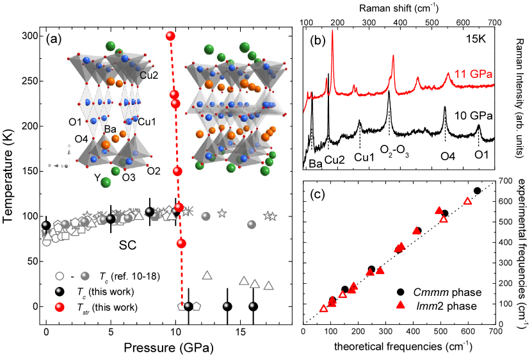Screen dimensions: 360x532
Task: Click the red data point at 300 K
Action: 170,36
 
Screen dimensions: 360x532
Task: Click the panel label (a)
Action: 54,38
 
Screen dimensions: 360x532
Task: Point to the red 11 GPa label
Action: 474,72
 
